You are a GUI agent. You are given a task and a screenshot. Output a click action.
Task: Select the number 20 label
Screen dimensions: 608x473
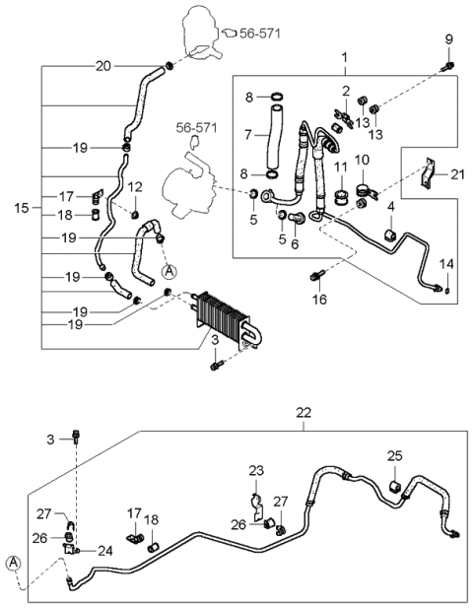[103, 66]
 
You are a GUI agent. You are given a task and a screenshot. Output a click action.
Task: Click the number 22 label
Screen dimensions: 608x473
[304, 412]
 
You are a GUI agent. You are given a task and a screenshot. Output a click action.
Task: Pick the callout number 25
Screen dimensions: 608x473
[394, 456]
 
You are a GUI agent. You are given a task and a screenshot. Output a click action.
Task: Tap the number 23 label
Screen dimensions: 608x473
[255, 470]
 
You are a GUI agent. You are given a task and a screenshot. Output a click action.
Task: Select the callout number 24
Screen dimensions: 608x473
[103, 550]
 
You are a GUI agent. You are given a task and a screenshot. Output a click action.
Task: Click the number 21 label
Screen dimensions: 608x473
[456, 174]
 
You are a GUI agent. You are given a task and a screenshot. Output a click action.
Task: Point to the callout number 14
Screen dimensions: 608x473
[447, 263]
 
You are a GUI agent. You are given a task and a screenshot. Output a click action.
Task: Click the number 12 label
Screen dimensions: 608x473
[135, 186]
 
